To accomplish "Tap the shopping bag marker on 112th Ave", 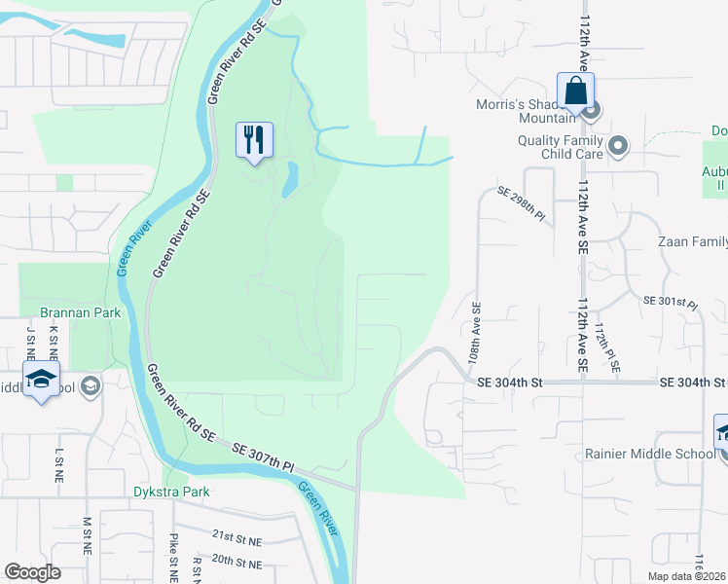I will click(x=576, y=91).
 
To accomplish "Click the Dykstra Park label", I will click(x=171, y=492).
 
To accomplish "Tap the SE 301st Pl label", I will click(x=672, y=302).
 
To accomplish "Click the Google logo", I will click(x=32, y=572).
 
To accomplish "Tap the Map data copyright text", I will click(x=673, y=576).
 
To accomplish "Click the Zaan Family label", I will click(x=692, y=241).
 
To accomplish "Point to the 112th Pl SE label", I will click(x=608, y=348).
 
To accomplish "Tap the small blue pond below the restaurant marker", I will click(x=289, y=181).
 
